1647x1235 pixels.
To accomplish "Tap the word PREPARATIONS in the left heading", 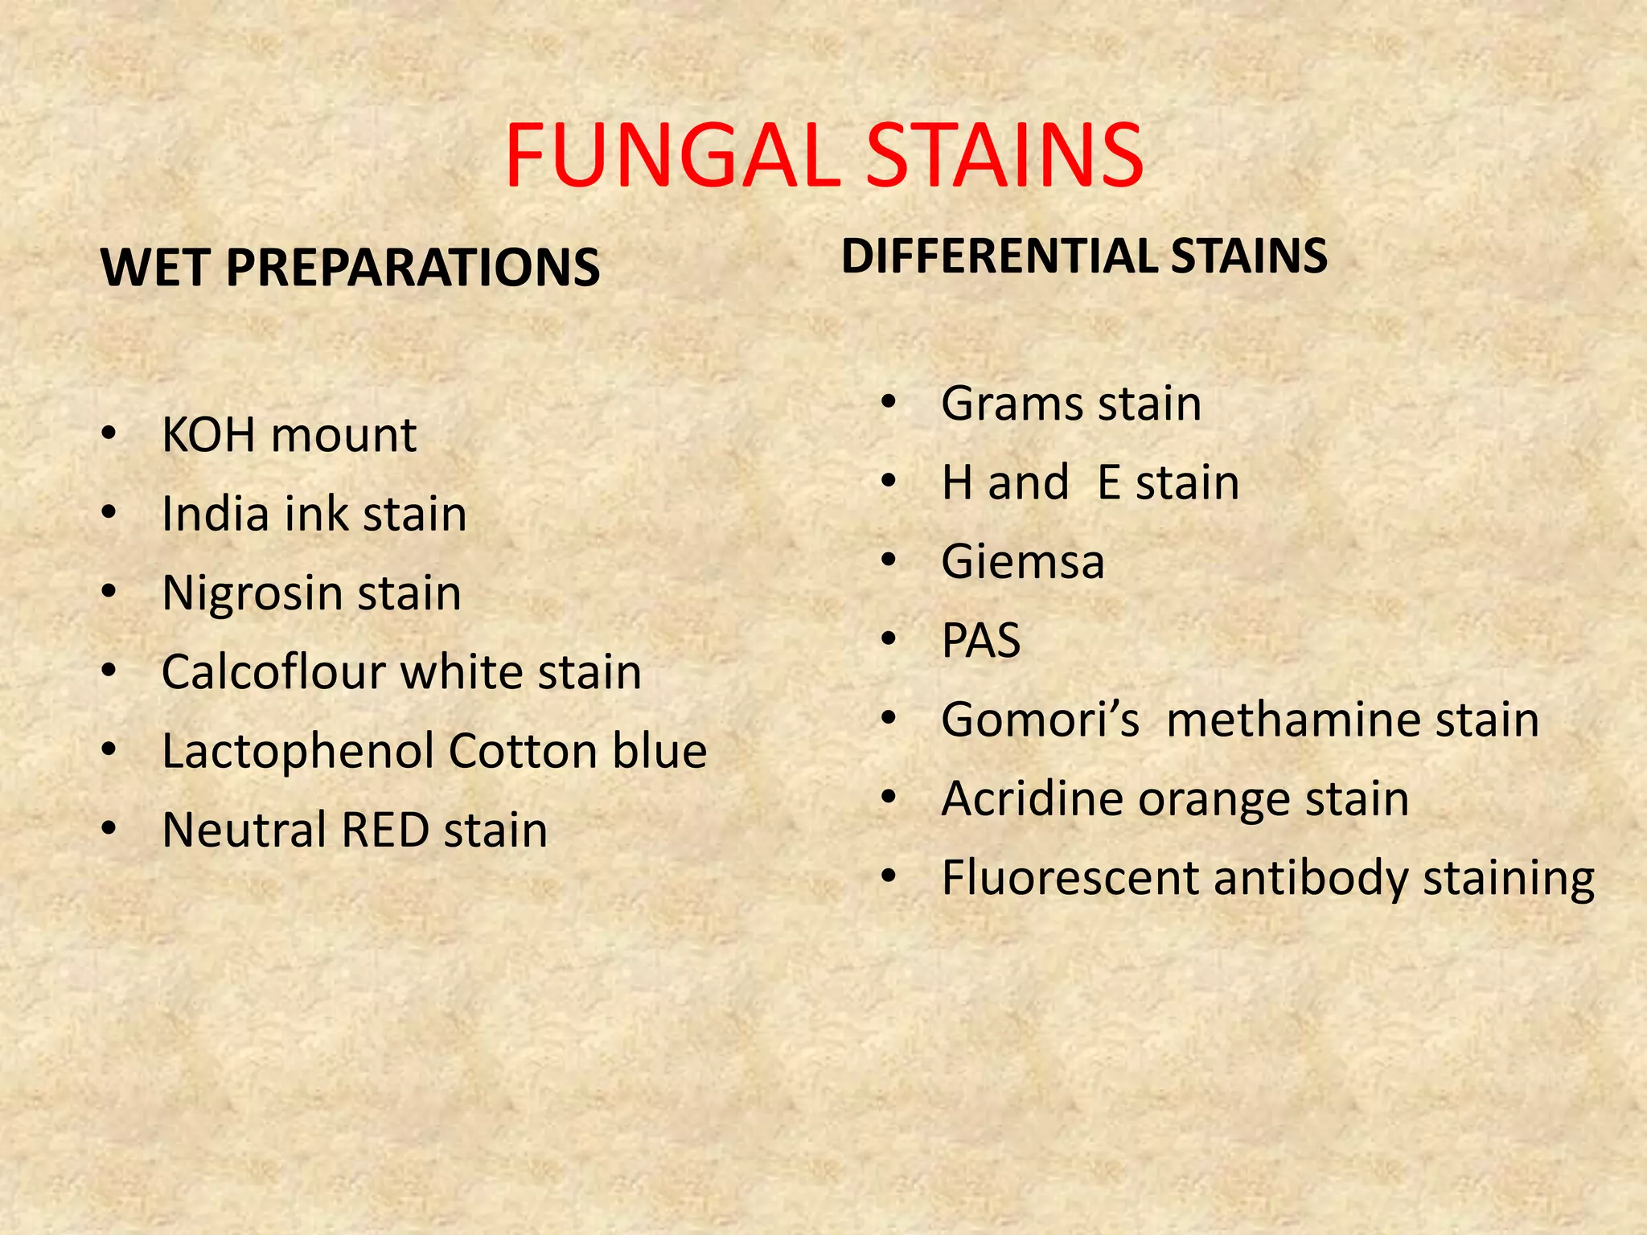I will coord(413,267).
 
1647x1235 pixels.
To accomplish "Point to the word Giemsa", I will coord(1023,561).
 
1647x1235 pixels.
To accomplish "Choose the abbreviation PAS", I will coord(981,641).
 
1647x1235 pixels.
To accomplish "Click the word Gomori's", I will coord(1040,720).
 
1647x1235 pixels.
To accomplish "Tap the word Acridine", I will coord(1031,799).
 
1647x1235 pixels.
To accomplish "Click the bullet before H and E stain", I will coord(888,482).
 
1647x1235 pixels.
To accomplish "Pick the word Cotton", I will coord(523,752).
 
